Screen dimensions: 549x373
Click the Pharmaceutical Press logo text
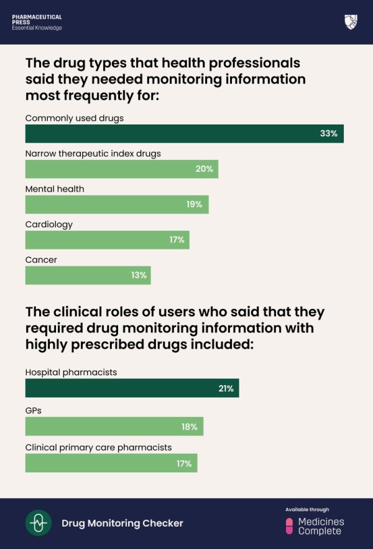(x=37, y=22)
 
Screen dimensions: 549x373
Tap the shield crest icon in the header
(x=351, y=22)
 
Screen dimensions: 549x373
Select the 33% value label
(x=328, y=134)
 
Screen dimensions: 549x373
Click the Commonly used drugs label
(x=75, y=118)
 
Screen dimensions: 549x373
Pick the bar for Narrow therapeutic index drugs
(x=121, y=169)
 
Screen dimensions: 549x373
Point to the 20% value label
(x=204, y=169)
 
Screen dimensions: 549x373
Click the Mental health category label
(x=55, y=189)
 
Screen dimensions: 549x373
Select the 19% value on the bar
(x=194, y=205)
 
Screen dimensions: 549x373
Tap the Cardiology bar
(x=107, y=240)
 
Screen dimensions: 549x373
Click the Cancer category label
(x=41, y=260)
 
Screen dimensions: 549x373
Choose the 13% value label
(x=139, y=275)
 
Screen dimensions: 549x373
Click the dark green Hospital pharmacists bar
(x=132, y=388)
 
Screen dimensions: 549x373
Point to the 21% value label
(x=226, y=388)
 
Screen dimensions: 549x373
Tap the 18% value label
(x=190, y=427)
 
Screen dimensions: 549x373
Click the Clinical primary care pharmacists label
(x=98, y=447)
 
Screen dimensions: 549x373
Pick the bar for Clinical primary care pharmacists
(x=111, y=463)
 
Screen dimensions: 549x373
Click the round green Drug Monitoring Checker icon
(x=39, y=523)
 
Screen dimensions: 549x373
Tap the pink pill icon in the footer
(x=289, y=526)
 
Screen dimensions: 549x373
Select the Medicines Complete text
(x=321, y=527)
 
